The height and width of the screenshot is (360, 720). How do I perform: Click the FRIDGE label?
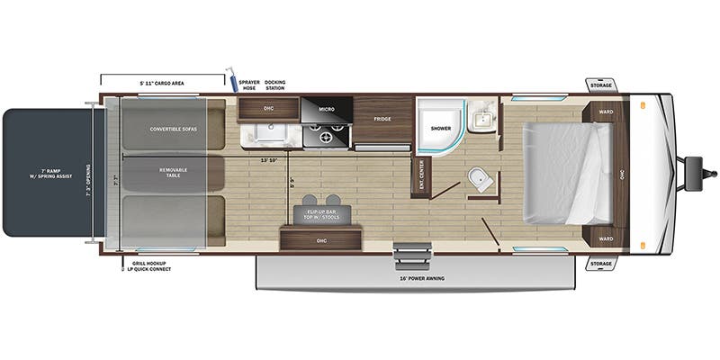[x=382, y=119]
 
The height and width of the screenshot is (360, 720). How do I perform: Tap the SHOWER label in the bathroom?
[x=440, y=129]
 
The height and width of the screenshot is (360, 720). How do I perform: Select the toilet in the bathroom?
[x=479, y=178]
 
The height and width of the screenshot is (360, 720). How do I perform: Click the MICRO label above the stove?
[x=327, y=109]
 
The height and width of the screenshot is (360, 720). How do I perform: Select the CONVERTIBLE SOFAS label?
[x=174, y=129]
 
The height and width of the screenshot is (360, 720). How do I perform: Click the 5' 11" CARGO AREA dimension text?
[x=161, y=83]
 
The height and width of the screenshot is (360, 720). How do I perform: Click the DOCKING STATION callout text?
[x=274, y=85]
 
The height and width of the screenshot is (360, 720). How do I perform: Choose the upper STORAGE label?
[x=601, y=85]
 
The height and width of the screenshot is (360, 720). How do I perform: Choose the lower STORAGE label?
[x=601, y=264]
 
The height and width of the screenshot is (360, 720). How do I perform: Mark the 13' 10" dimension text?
[x=267, y=160]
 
